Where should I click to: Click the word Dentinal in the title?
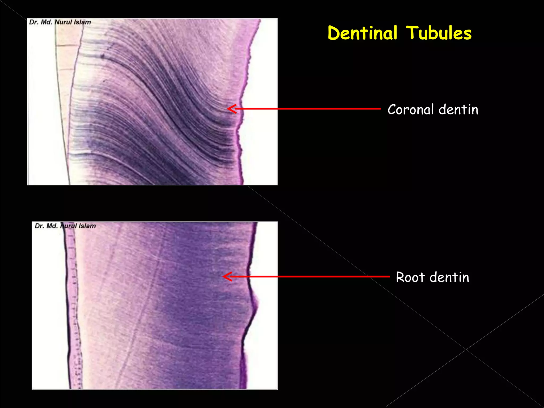[362, 33]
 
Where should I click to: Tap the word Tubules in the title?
[439, 33]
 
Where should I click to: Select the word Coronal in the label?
[411, 109]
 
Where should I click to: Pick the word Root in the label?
[410, 277]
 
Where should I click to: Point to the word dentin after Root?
[449, 277]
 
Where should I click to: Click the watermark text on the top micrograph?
[60, 22]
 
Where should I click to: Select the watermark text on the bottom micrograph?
[65, 226]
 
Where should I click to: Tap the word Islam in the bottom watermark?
[87, 226]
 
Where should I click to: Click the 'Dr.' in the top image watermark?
[34, 22]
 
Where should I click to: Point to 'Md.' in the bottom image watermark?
[52, 226]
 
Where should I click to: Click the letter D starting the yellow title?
[333, 33]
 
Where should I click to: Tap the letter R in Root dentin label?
[400, 277]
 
